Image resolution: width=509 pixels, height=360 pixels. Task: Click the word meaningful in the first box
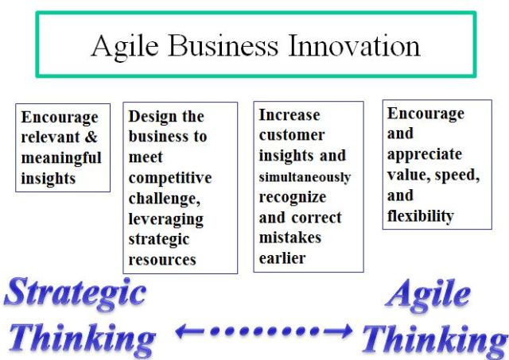(x=61, y=157)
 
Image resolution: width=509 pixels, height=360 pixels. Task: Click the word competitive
(x=169, y=177)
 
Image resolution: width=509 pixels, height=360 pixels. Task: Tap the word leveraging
(x=165, y=219)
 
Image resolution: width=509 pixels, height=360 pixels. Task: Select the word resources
(x=162, y=259)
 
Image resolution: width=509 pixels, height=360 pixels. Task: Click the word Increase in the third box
(x=289, y=115)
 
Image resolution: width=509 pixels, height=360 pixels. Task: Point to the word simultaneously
(x=305, y=177)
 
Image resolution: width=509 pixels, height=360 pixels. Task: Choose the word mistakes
(x=289, y=238)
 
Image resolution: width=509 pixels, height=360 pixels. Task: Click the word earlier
(x=282, y=258)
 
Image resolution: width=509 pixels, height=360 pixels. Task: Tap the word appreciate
(x=424, y=154)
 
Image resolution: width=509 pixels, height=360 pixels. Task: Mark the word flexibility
(x=420, y=215)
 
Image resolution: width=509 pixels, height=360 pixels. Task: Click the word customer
(x=291, y=136)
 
